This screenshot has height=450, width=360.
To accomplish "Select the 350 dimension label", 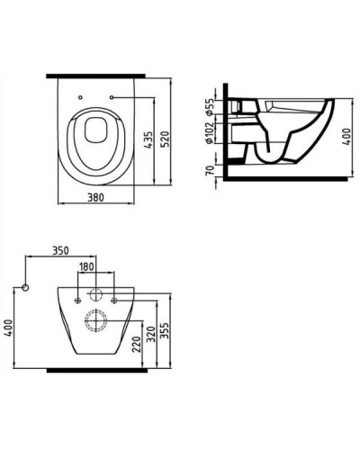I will point(62,249).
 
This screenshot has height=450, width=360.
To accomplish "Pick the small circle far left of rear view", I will point(27,287).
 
